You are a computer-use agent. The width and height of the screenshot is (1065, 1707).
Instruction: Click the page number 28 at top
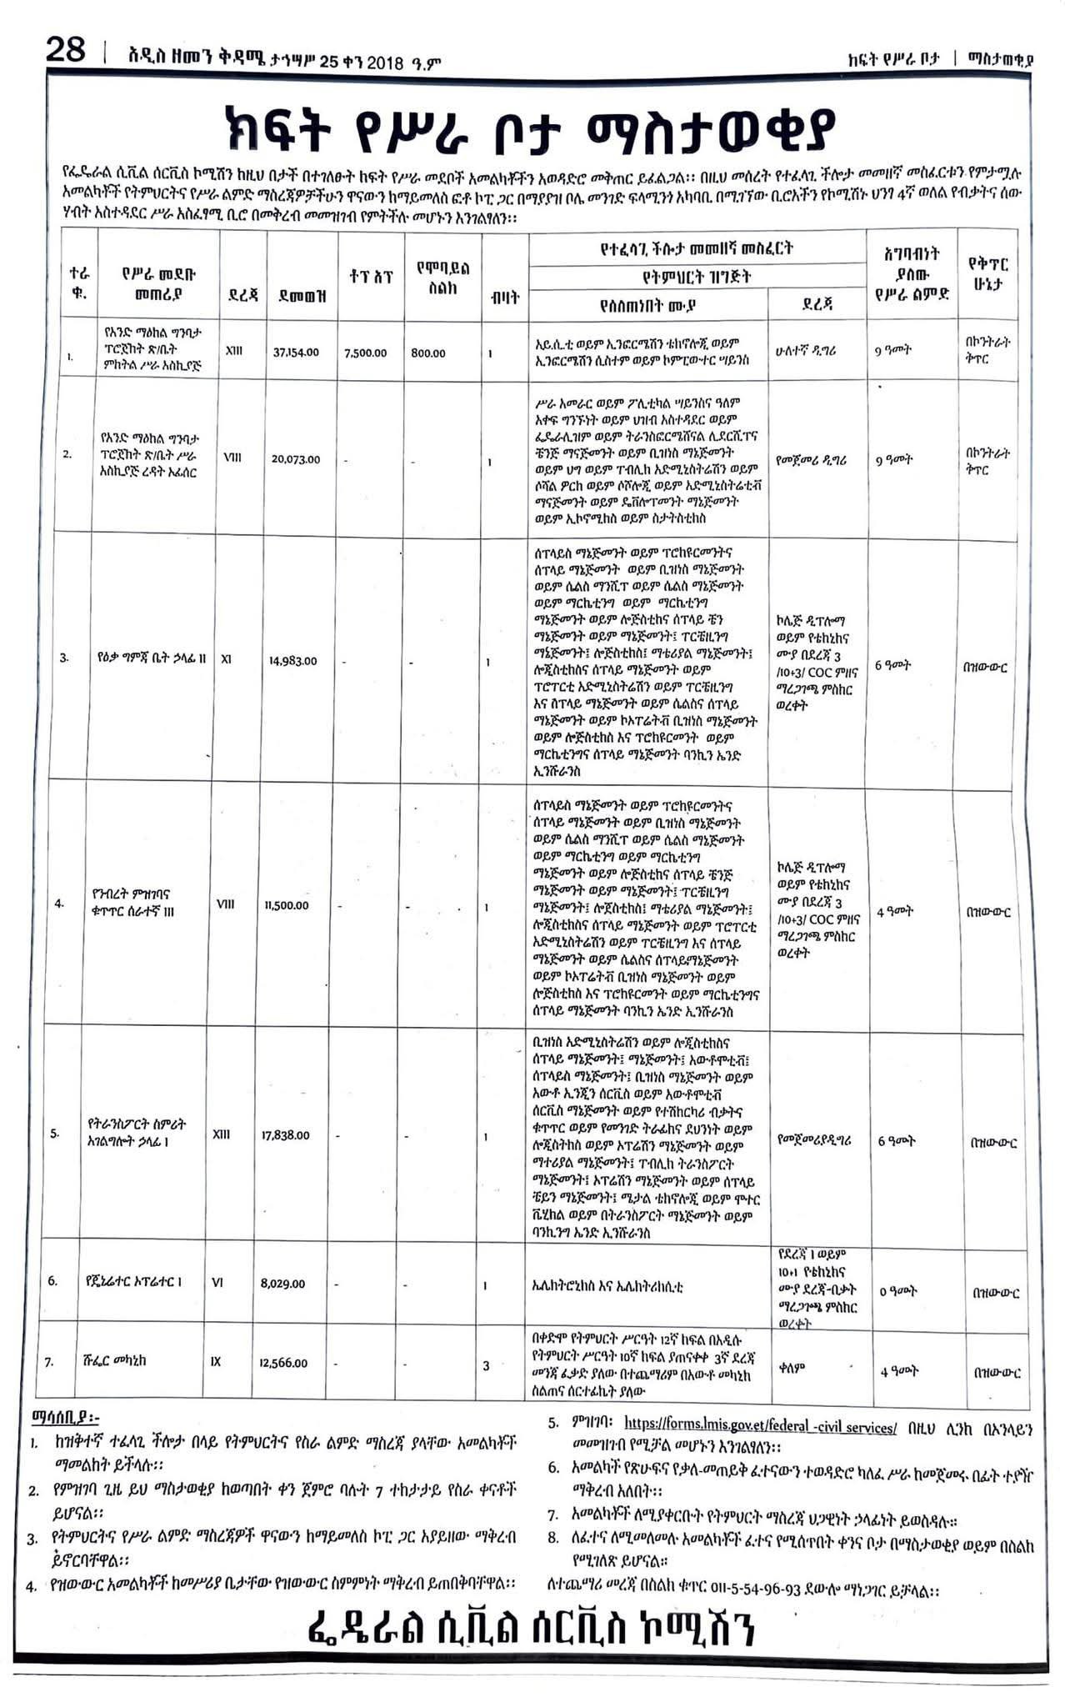tap(66, 52)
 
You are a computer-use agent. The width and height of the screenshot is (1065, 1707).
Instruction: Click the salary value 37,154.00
tap(296, 353)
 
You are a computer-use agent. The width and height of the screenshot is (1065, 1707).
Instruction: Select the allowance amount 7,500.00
tap(365, 353)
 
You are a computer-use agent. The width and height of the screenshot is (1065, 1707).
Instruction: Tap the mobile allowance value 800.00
tap(428, 353)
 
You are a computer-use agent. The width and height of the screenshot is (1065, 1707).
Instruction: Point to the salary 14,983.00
tap(292, 661)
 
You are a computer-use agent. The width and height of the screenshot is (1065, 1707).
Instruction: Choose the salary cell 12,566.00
tap(283, 1363)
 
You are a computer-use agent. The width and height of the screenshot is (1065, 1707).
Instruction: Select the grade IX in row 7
tap(216, 1362)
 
